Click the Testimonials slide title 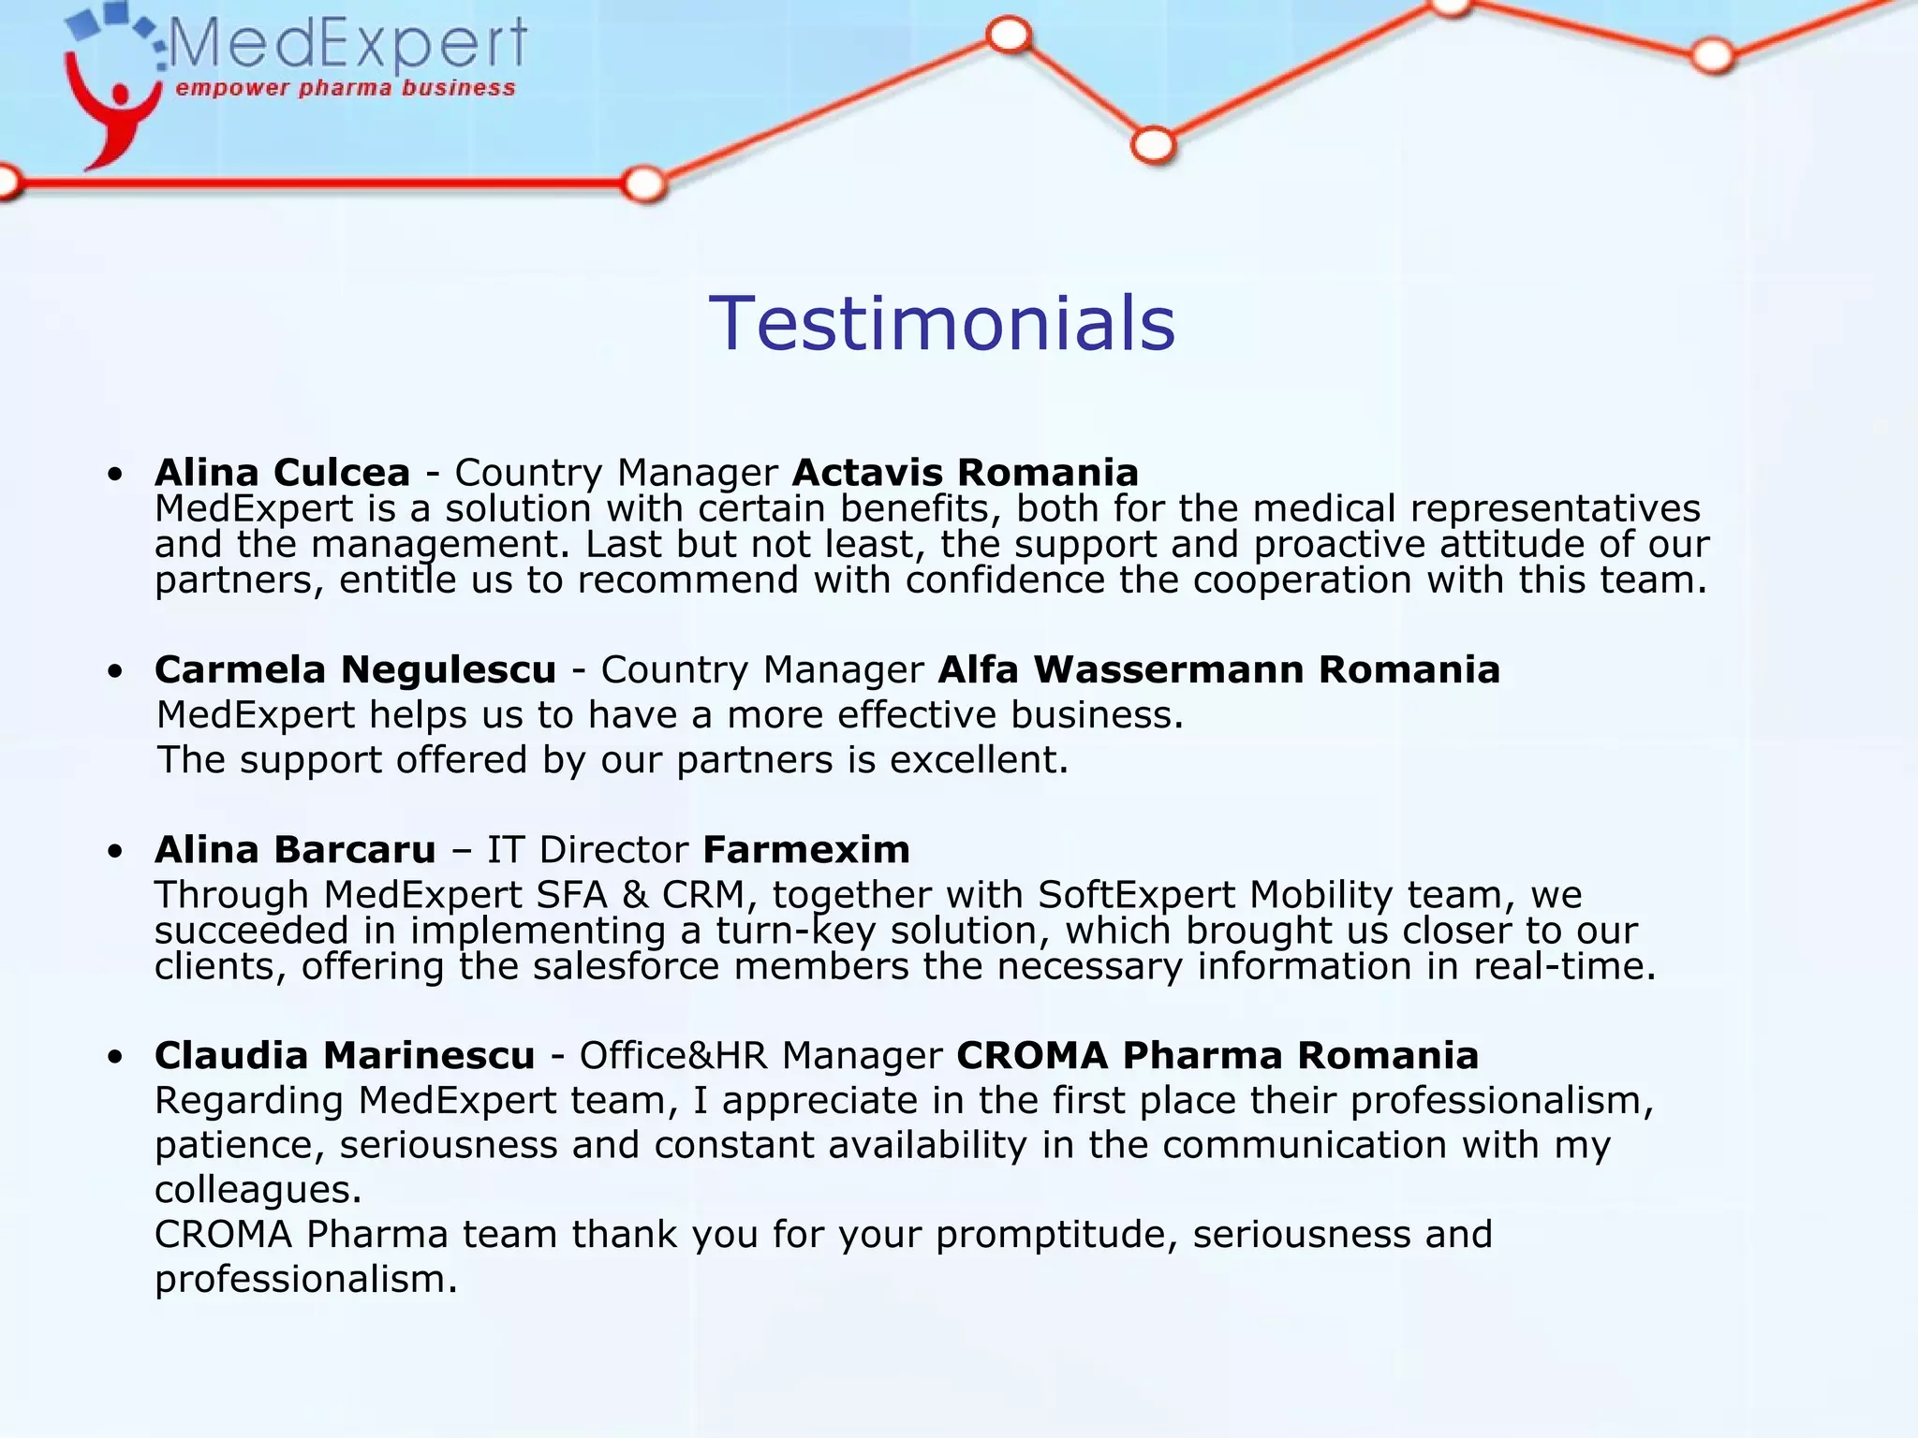[941, 324]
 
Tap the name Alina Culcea [282, 473]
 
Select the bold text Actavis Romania [965, 473]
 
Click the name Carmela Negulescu [355, 670]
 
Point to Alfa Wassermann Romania [1218, 670]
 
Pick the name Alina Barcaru [295, 850]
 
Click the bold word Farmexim [805, 850]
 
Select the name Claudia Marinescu [345, 1056]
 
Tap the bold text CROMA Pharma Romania [1217, 1056]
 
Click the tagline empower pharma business [346, 89]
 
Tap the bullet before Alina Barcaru [115, 852]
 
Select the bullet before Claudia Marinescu [115, 1058]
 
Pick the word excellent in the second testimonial [978, 760]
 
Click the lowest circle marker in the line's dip [1153, 146]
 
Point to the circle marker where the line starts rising [644, 183]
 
